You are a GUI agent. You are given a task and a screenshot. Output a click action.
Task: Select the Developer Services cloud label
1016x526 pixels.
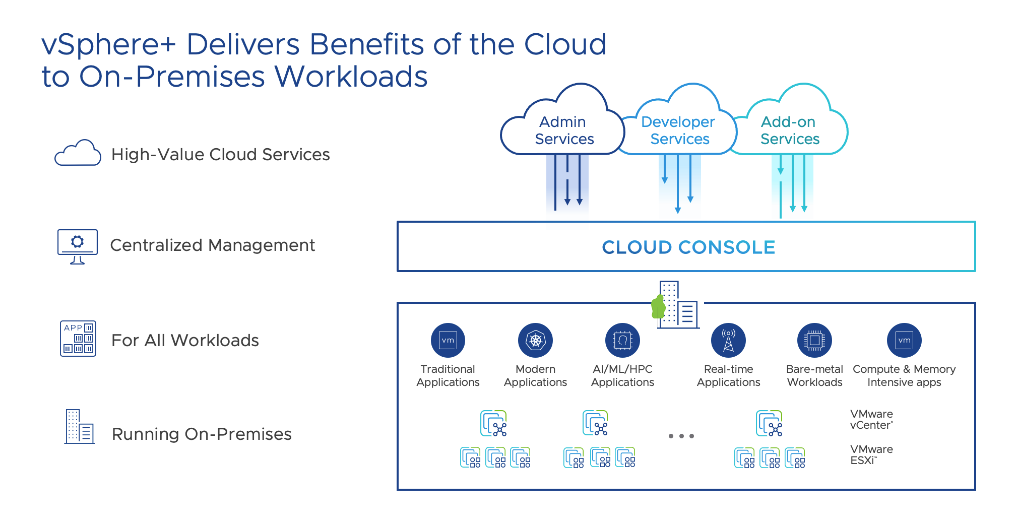coord(678,130)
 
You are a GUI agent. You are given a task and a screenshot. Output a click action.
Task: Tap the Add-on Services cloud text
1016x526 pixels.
coord(789,130)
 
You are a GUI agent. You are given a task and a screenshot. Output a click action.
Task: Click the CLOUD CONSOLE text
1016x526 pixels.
coord(688,247)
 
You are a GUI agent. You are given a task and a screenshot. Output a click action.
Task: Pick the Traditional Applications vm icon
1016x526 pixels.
coord(448,340)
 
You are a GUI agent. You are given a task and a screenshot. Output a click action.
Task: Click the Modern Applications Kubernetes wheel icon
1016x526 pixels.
coord(535,340)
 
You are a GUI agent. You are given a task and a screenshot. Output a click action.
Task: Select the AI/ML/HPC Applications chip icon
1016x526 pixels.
coord(622,340)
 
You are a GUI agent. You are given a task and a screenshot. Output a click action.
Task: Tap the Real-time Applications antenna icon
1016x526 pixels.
coord(728,340)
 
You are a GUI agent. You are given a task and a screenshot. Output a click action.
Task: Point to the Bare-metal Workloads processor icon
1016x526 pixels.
coord(814,340)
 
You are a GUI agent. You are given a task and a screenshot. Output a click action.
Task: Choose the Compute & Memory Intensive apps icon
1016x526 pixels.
coord(904,340)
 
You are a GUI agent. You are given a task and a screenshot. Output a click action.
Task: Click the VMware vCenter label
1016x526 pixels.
coord(871,420)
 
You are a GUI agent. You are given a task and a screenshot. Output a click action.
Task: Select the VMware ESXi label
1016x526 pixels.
coord(871,454)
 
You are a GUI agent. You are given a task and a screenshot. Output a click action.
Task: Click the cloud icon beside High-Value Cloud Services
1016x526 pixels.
coord(78,153)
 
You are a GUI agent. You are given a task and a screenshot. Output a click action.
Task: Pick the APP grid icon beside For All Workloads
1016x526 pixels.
coord(78,339)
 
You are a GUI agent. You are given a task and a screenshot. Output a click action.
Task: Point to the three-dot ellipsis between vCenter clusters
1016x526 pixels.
coord(681,436)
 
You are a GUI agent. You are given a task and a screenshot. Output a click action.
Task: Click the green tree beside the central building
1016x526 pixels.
coord(658,306)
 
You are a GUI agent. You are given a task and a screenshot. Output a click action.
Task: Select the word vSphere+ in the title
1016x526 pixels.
coord(108,44)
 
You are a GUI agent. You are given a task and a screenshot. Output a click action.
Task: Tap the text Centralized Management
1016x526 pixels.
coord(212,245)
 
